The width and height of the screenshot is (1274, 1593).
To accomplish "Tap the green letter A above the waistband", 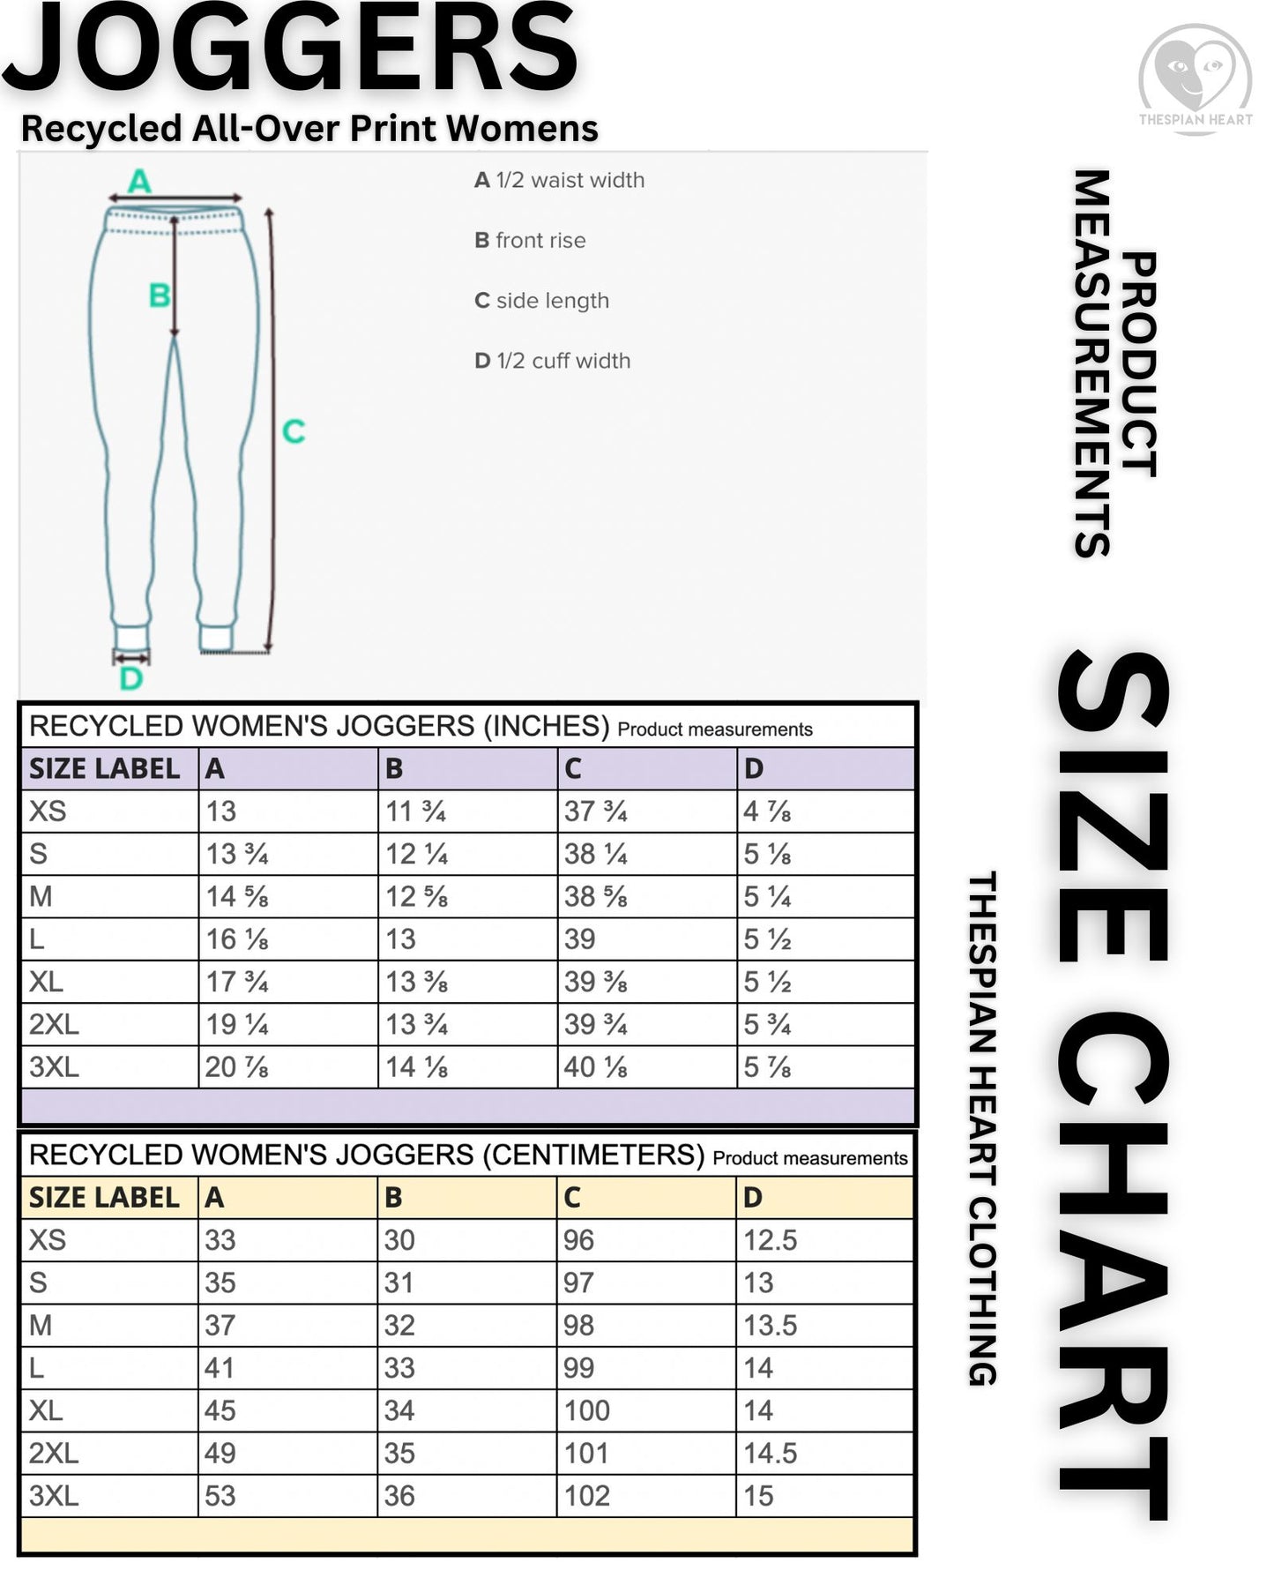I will [139, 182].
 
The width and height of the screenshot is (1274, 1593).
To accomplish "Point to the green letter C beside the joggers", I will [293, 431].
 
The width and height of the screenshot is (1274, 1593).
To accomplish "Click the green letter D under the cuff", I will [130, 678].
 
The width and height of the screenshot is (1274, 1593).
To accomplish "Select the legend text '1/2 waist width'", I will [570, 180].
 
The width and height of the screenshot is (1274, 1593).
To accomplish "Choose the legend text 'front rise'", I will [540, 240].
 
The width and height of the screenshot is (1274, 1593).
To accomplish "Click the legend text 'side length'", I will [552, 301].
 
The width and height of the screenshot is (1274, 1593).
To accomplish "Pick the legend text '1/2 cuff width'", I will [562, 361].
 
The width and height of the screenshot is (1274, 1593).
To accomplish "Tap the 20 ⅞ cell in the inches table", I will [236, 1067].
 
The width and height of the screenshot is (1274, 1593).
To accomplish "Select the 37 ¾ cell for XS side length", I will [596, 811].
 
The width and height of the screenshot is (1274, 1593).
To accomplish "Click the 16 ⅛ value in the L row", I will [236, 939].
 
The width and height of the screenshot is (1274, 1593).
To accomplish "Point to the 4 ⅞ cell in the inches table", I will [767, 811].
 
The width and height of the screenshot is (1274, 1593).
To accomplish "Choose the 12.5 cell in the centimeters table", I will [770, 1240].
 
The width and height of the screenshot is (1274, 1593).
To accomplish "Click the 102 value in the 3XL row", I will [587, 1496].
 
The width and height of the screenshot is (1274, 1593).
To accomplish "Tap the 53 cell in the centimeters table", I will [220, 1496].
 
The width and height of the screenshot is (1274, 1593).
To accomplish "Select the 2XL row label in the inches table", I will [54, 1025].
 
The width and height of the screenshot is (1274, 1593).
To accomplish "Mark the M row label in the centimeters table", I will [41, 1326].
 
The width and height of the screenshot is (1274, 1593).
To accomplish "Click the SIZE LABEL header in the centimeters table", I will [104, 1198].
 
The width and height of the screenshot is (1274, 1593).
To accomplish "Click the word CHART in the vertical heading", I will [1113, 1261].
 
